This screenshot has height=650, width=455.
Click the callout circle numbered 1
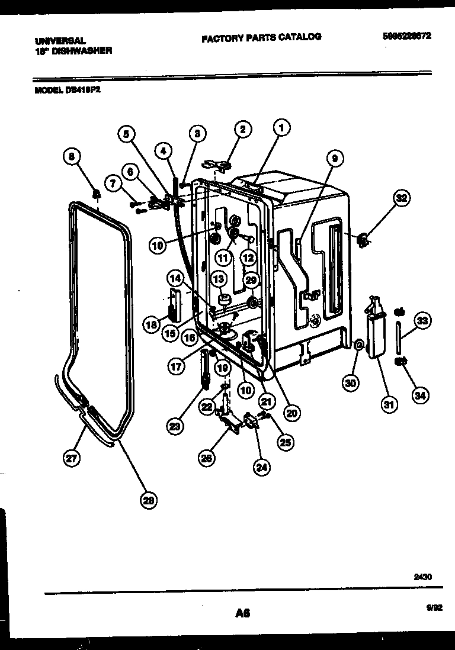tap(282, 127)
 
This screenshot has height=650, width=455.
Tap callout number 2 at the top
tap(242, 129)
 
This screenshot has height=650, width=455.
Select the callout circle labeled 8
tap(72, 157)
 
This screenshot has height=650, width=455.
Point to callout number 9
tap(334, 158)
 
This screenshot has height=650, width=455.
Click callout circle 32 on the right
tap(402, 199)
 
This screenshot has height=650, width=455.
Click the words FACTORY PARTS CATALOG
tap(261, 37)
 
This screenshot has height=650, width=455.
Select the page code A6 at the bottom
tap(242, 614)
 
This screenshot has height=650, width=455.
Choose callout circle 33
tap(423, 321)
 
